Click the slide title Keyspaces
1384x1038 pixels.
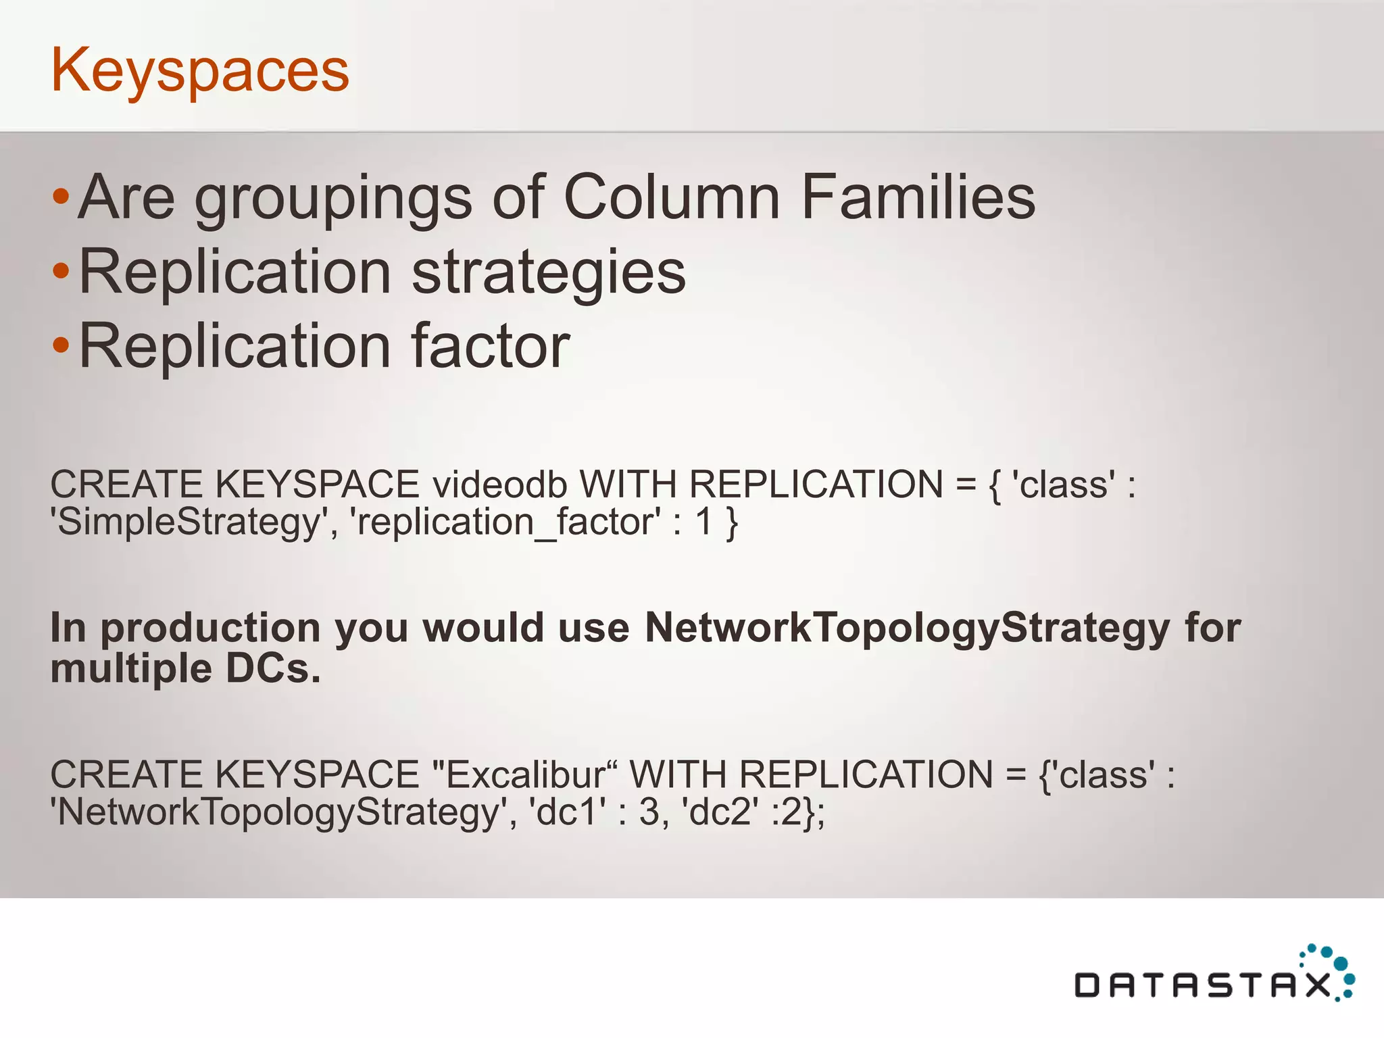point(200,71)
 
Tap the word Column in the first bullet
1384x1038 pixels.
point(672,197)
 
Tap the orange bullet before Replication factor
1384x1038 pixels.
point(61,345)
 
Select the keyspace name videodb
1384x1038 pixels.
point(499,485)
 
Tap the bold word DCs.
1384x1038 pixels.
point(272,669)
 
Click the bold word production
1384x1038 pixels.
point(210,628)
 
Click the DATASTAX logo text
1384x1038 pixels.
point(1202,986)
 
